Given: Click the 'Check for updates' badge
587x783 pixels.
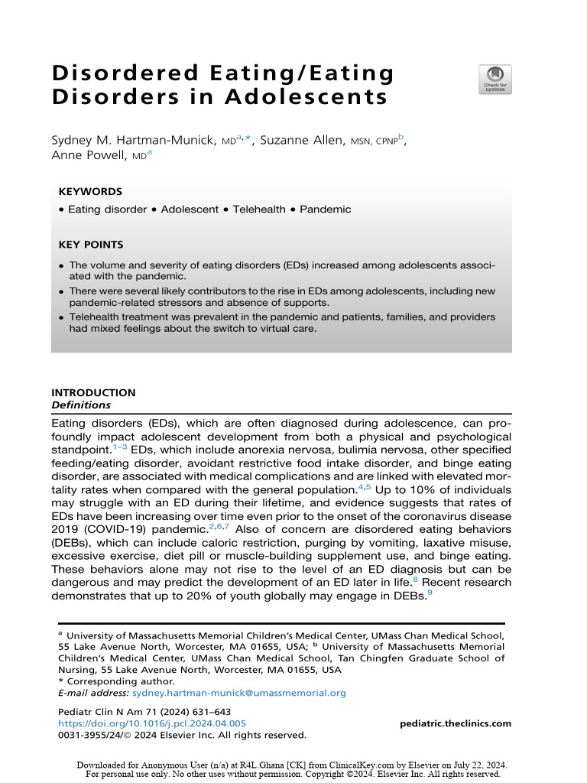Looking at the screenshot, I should click(495, 80).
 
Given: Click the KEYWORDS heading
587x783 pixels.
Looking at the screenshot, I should click(90, 192).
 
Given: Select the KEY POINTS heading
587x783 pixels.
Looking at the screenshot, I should click(91, 245).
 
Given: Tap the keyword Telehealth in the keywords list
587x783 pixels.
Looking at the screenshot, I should click(259, 209).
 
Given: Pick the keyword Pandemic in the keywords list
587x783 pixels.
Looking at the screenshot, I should click(326, 209).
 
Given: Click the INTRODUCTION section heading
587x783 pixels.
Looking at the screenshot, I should click(93, 393).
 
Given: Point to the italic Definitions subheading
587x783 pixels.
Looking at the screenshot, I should click(81, 405).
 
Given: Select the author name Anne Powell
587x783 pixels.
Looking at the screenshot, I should click(91, 154).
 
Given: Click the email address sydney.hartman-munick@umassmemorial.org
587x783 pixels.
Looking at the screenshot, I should click(239, 693).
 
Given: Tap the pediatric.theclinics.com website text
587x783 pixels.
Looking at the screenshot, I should click(456, 723).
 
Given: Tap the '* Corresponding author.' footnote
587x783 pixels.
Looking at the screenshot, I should click(116, 681).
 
